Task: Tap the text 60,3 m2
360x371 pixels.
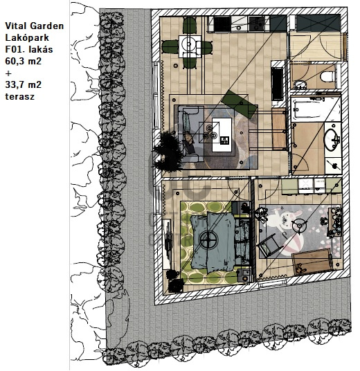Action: click(x=24, y=61)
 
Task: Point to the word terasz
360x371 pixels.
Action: click(x=20, y=96)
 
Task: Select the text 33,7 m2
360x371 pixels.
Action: click(x=24, y=84)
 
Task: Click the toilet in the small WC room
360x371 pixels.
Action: click(x=327, y=76)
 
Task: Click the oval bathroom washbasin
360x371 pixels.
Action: click(x=332, y=139)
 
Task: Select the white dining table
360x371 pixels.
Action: click(x=190, y=46)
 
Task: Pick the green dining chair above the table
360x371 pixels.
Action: click(x=190, y=26)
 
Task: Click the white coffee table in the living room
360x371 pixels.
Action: click(x=222, y=135)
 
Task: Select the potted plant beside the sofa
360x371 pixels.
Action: click(x=168, y=151)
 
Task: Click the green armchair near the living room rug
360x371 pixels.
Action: click(x=240, y=104)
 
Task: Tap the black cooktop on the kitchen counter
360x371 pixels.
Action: click(x=222, y=24)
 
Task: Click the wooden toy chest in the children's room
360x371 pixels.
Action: click(x=313, y=261)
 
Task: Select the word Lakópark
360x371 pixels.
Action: click(x=27, y=37)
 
